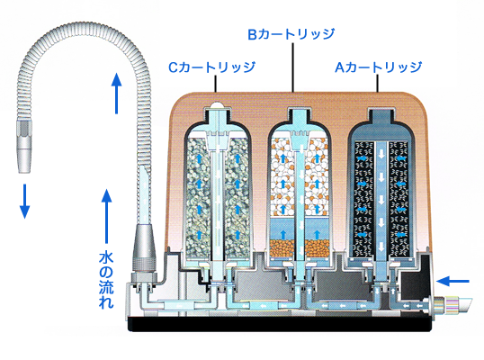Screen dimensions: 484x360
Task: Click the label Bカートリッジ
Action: (291, 34)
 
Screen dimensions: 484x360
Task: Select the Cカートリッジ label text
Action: (211, 67)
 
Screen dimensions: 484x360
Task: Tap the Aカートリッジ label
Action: (379, 67)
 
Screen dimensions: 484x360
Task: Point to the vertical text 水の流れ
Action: (106, 280)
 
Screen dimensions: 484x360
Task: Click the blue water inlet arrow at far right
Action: (453, 282)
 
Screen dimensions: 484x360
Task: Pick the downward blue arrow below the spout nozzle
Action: (24, 202)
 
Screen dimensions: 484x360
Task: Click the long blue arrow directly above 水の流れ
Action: (106, 216)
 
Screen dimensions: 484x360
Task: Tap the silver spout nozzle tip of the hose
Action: (23, 147)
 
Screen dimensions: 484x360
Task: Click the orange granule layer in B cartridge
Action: (300, 249)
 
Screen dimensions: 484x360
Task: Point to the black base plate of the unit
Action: (280, 324)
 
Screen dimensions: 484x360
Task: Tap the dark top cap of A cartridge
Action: (381, 117)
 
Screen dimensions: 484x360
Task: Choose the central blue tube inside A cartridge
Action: (381, 198)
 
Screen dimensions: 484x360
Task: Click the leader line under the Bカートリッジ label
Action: (292, 67)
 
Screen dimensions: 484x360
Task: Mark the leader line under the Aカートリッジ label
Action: (378, 84)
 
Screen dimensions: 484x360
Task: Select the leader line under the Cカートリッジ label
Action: (215, 84)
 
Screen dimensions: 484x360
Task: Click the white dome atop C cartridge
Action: (218, 105)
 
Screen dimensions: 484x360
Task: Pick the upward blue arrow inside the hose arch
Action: (116, 94)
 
